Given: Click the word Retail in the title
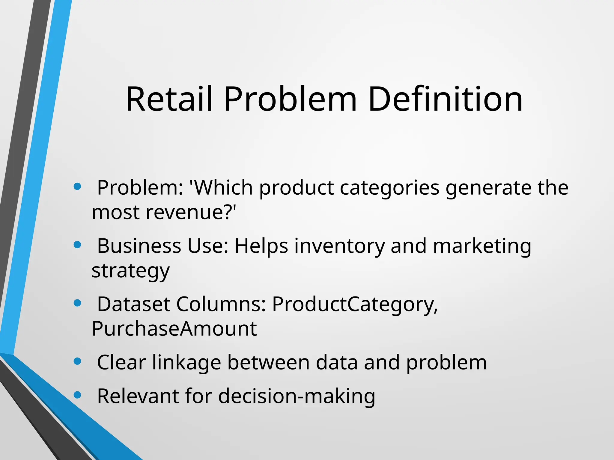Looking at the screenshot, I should [x=169, y=99].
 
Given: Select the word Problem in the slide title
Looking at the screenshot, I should [x=290, y=99].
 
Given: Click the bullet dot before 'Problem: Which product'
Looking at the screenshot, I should [x=77, y=187].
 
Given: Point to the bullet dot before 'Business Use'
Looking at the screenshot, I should [x=77, y=245].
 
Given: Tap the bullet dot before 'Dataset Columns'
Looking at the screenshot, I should [x=77, y=303].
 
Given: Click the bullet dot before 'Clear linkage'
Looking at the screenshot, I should [x=77, y=362].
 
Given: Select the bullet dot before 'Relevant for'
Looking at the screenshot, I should [x=77, y=395].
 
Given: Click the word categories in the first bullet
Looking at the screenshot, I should [x=390, y=188].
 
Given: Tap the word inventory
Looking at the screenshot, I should [x=339, y=246].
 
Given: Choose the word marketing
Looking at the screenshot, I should [x=482, y=246].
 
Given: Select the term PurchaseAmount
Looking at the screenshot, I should [x=174, y=329].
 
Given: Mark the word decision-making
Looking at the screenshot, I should [x=297, y=396].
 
